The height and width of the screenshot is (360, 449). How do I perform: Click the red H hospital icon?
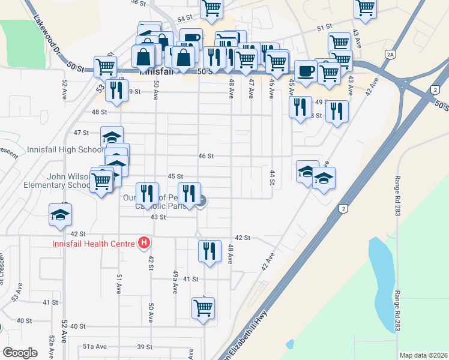[144, 243]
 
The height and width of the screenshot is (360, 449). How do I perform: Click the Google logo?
[20, 353]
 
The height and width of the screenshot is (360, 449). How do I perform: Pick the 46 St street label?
[206, 155]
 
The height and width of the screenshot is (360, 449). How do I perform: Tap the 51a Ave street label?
[95, 347]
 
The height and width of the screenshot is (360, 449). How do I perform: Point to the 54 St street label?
[184, 19]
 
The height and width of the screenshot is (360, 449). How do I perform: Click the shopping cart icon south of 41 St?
[203, 308]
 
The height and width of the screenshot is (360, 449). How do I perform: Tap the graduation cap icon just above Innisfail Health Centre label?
[60, 214]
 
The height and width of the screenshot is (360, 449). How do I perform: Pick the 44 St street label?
[272, 176]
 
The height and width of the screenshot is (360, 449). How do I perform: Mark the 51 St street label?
[325, 28]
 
